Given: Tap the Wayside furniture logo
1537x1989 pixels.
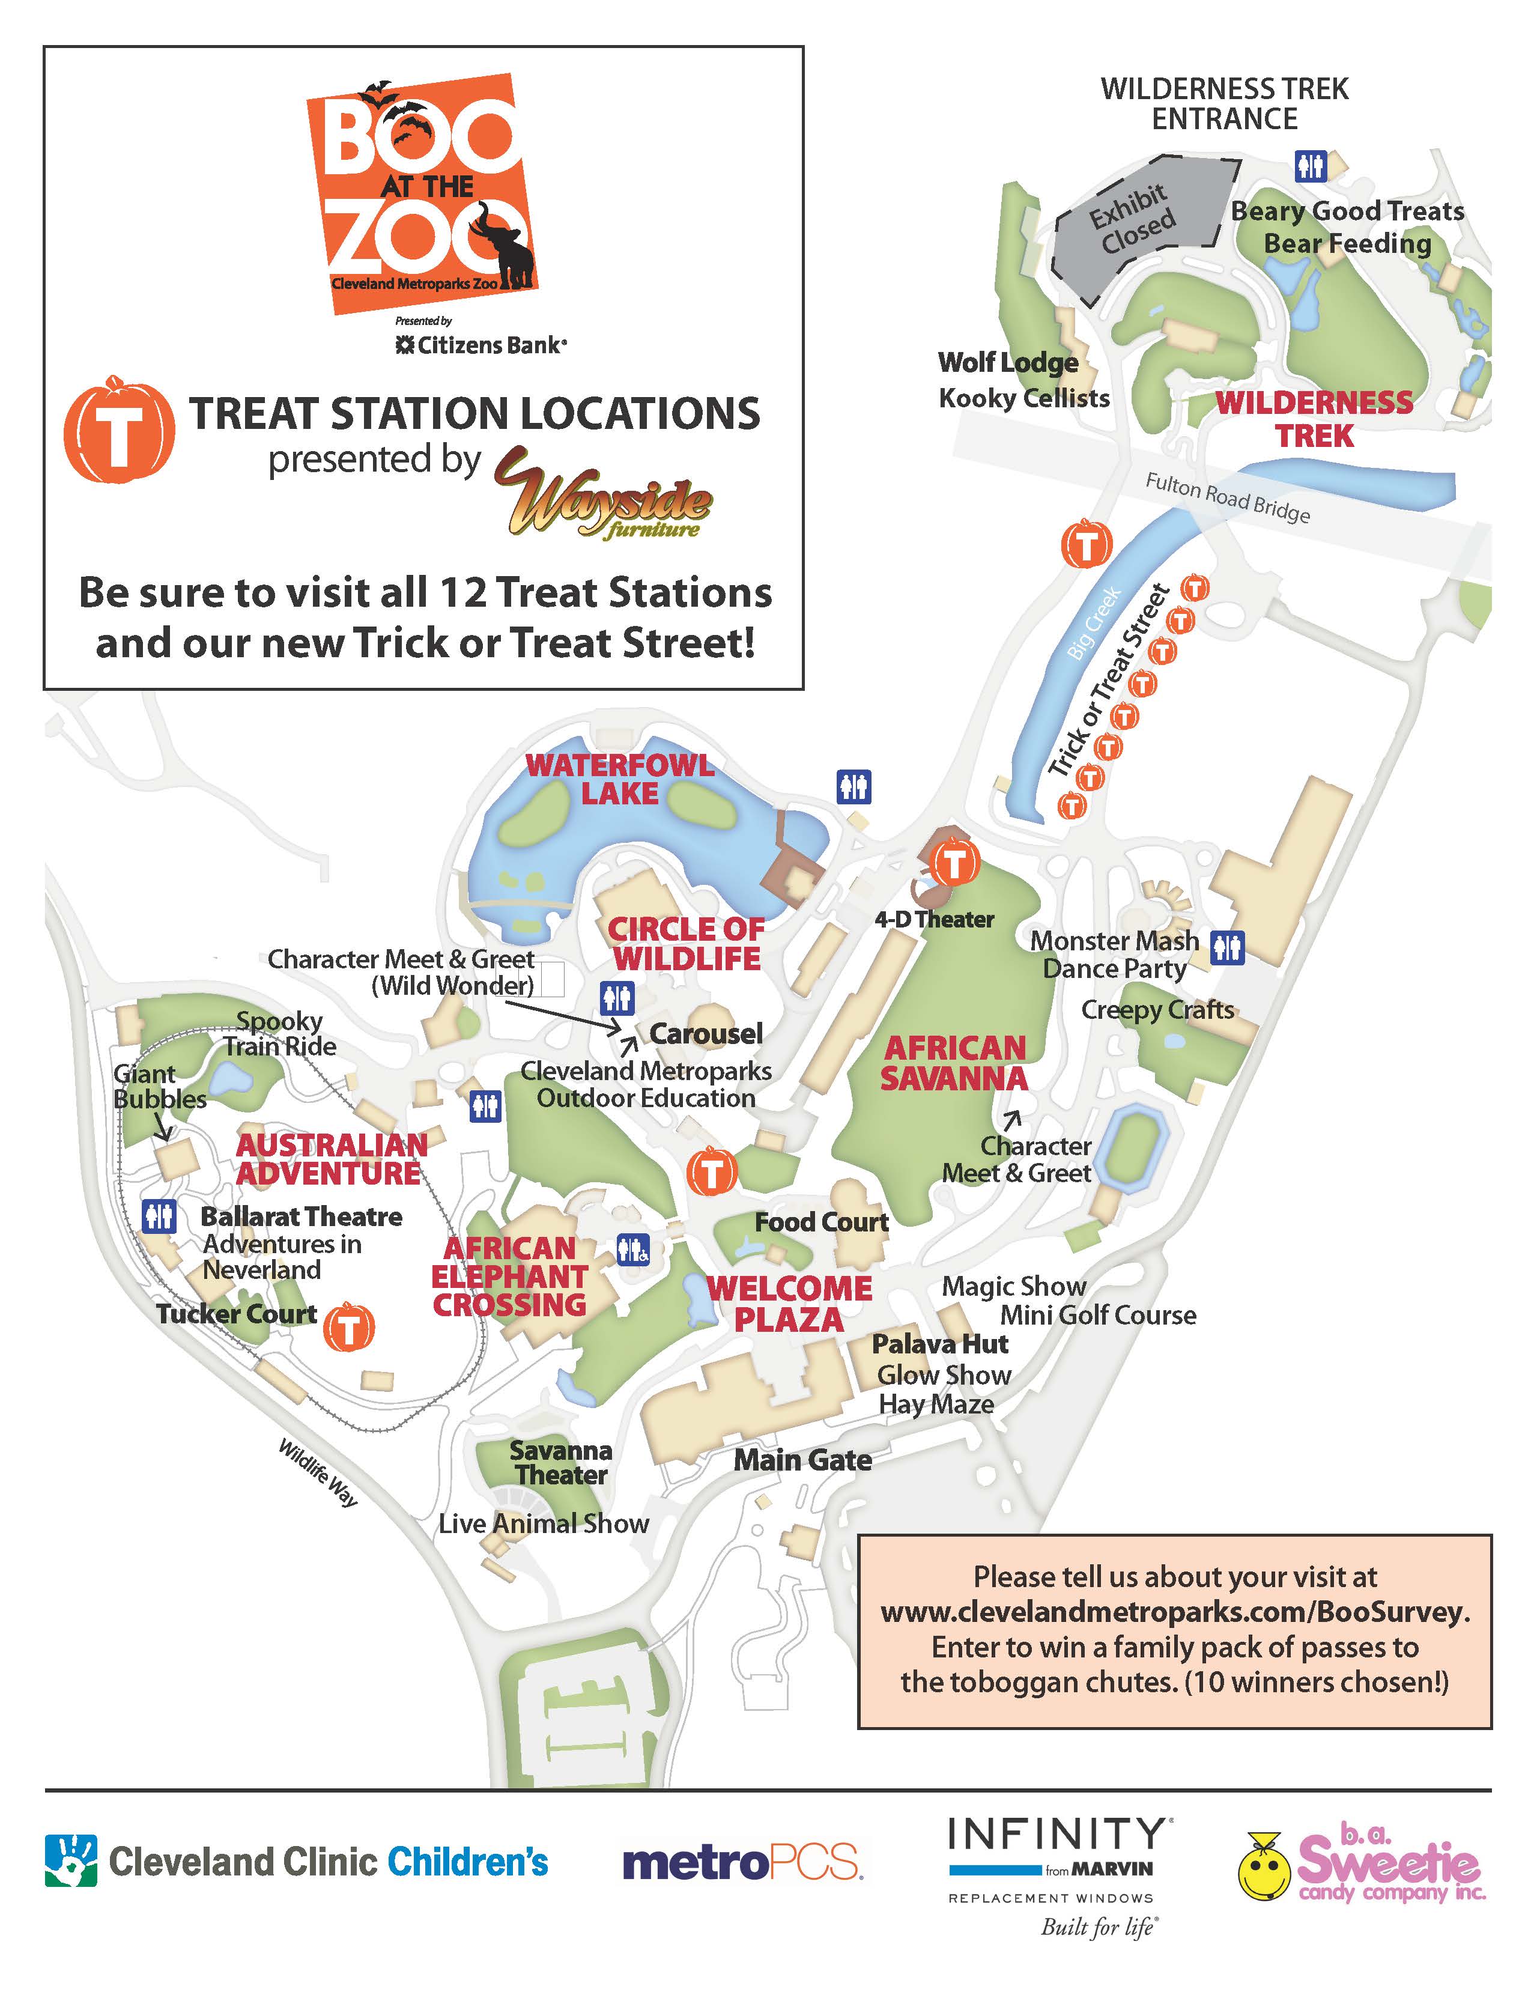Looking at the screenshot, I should [x=604, y=493].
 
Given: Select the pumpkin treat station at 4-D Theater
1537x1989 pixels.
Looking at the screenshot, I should [x=954, y=861].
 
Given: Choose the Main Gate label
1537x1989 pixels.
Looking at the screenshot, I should [x=802, y=1460].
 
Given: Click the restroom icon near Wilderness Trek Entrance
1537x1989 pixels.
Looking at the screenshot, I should [x=1311, y=166].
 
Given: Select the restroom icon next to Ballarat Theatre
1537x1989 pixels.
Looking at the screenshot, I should [x=159, y=1216].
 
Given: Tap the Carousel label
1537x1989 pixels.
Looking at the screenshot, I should [x=706, y=1034].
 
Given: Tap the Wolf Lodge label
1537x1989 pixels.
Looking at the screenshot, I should [x=1008, y=362].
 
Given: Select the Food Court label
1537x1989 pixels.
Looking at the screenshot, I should [x=821, y=1222].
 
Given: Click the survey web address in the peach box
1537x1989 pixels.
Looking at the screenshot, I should [x=1175, y=1612].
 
